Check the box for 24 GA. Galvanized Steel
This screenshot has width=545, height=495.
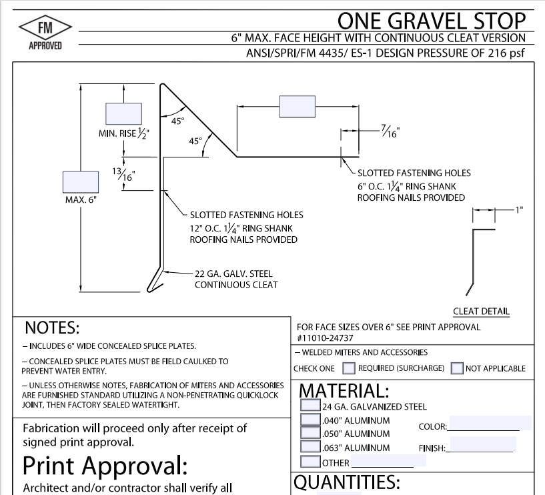click(x=310, y=405)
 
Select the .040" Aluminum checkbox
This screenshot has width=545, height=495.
click(x=310, y=420)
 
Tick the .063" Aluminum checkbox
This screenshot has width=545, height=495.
click(x=310, y=447)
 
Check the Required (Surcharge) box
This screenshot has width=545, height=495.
click(x=349, y=368)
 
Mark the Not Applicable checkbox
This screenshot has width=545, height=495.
click(x=457, y=368)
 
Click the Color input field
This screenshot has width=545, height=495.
click(x=490, y=423)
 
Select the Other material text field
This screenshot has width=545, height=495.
click(x=383, y=461)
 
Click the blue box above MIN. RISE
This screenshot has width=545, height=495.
click(x=123, y=113)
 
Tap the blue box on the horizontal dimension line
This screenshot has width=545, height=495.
click(x=297, y=106)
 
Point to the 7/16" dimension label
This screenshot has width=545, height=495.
click(x=390, y=131)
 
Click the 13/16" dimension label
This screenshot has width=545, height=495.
click(x=123, y=175)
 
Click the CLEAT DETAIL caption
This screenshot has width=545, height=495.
click(x=481, y=311)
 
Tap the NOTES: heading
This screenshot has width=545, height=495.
click(x=52, y=328)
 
